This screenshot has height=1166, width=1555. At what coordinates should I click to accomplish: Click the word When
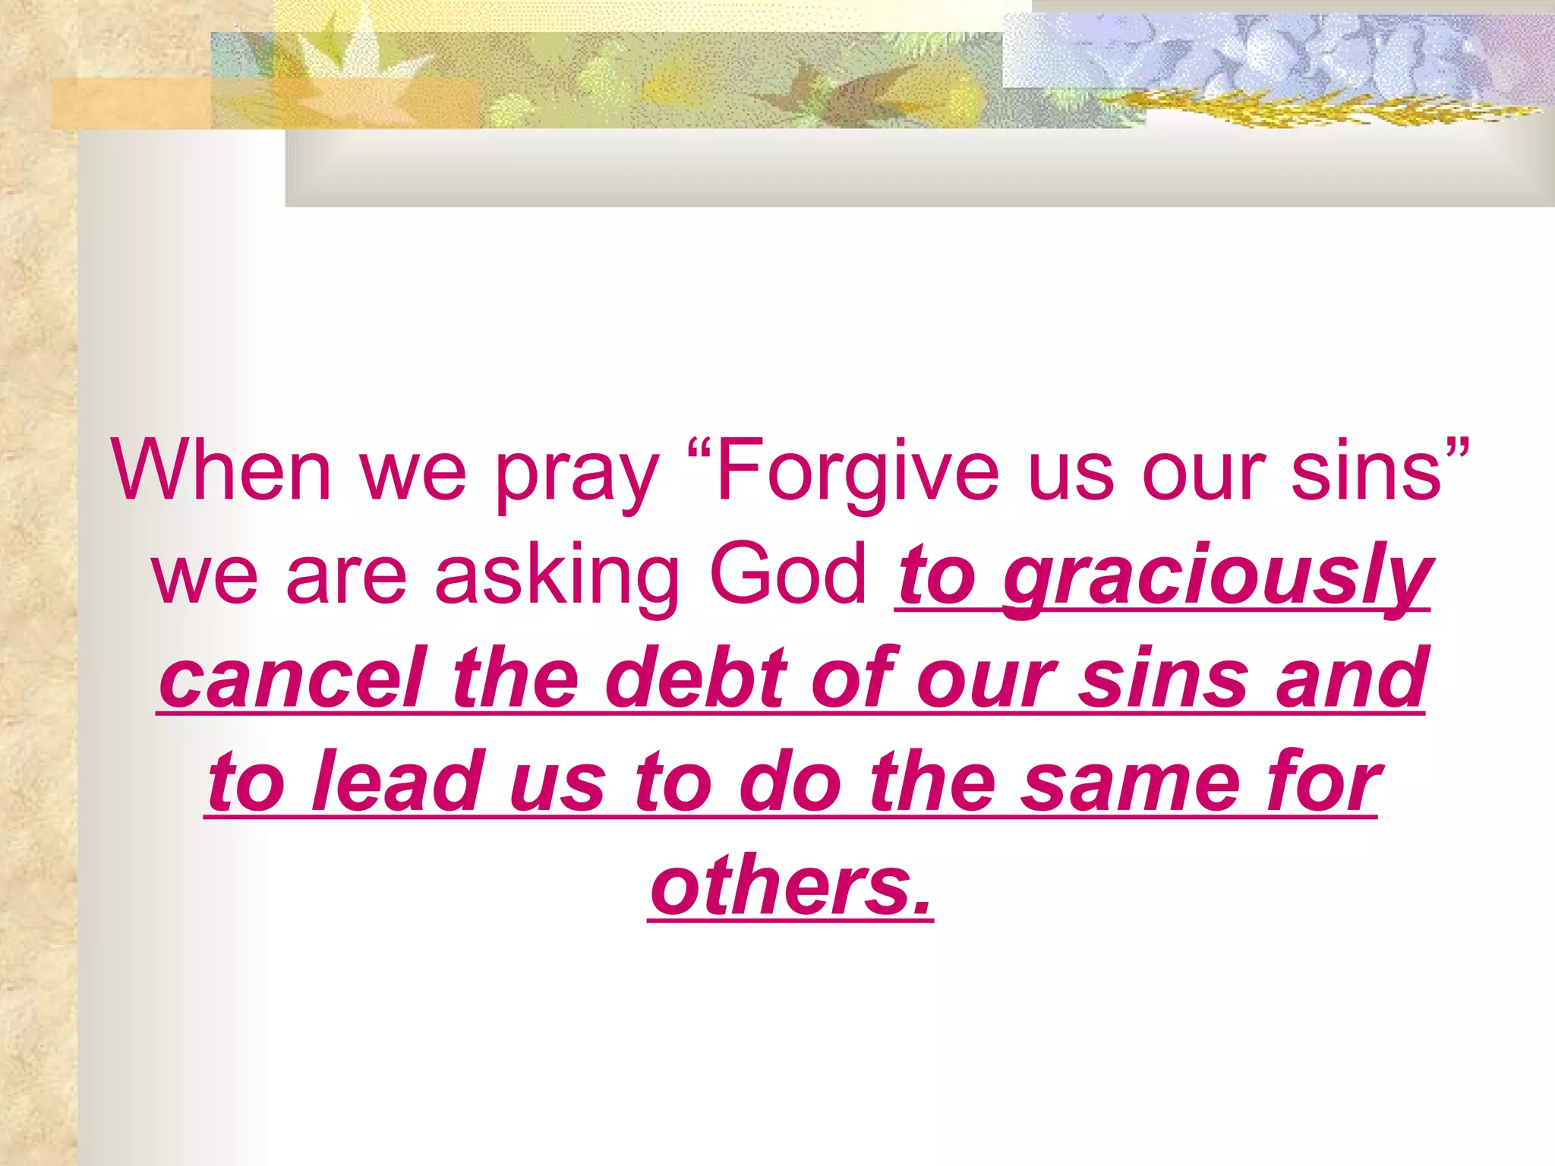[221, 470]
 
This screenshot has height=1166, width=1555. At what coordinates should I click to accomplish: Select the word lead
[398, 781]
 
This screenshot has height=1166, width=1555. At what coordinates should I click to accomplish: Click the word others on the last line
[777, 885]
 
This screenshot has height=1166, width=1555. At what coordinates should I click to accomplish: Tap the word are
[345, 577]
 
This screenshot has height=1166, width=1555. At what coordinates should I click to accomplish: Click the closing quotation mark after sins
[1458, 448]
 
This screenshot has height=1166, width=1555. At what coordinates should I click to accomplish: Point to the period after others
[921, 906]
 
